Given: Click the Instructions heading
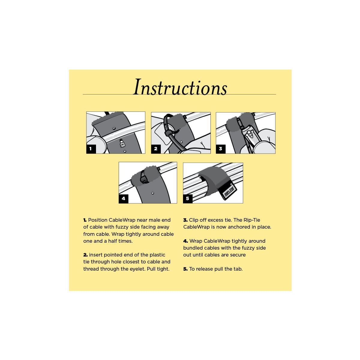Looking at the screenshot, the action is coord(180,87).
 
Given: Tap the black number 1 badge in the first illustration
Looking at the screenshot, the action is coord(91,149).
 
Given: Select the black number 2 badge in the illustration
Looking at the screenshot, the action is coord(156,149).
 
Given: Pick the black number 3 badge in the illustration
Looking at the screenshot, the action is coord(220,149).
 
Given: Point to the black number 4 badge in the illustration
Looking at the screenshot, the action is coord(124,199).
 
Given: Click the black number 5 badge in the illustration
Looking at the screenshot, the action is coord(188,199).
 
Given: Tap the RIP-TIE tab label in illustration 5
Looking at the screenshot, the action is coord(229,191).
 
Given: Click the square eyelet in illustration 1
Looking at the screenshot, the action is coord(122,143).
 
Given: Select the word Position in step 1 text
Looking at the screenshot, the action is coord(98,220).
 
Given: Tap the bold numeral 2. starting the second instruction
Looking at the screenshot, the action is coord(85,255).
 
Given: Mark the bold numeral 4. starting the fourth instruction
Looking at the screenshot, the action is coord(185,241).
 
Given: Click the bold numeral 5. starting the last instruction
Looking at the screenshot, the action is coord(185,269).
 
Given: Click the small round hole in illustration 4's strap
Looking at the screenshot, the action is coord(153,193).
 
